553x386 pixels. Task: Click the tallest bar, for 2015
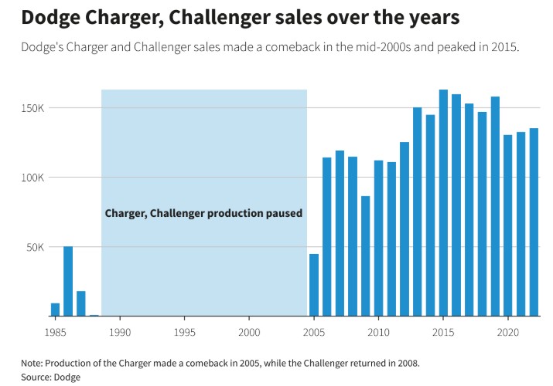(443, 203)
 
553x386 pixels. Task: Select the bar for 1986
(68, 281)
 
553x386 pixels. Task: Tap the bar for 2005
(314, 285)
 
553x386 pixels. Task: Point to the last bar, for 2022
(534, 222)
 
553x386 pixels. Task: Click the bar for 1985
(55, 310)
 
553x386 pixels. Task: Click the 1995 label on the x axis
(184, 331)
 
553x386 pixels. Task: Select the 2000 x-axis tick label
(249, 331)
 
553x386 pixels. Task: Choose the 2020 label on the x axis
(507, 331)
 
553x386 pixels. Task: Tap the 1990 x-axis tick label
(120, 331)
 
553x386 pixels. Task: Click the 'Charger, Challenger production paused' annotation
(203, 213)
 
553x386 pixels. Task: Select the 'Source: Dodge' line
(51, 377)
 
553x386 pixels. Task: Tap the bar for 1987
(81, 303)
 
